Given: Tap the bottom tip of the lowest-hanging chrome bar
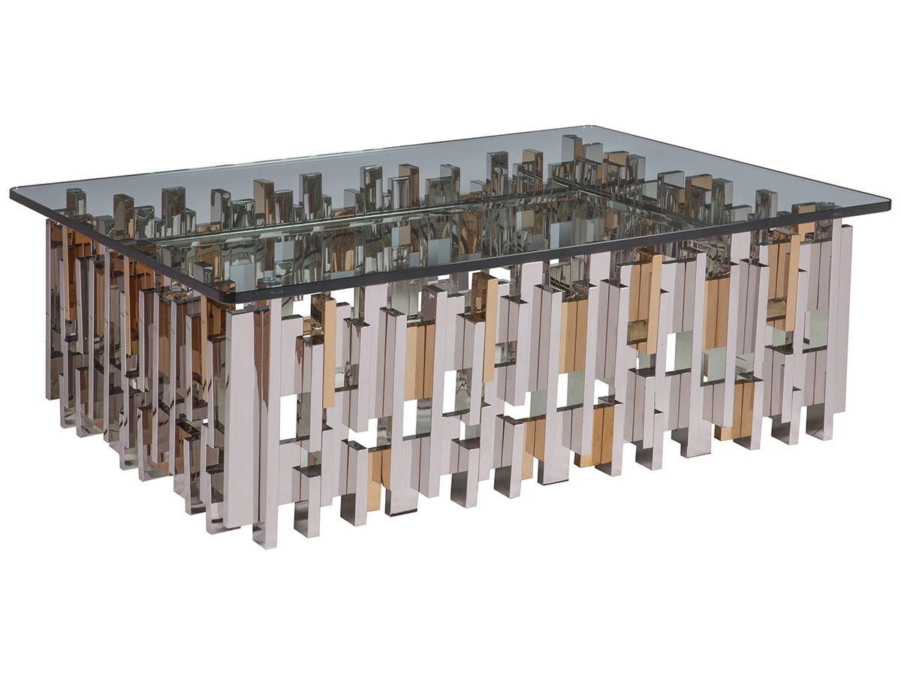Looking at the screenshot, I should pos(267,541).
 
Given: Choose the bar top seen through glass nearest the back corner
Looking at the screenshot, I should pos(571,146).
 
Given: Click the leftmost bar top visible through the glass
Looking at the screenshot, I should pos(75,201).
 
